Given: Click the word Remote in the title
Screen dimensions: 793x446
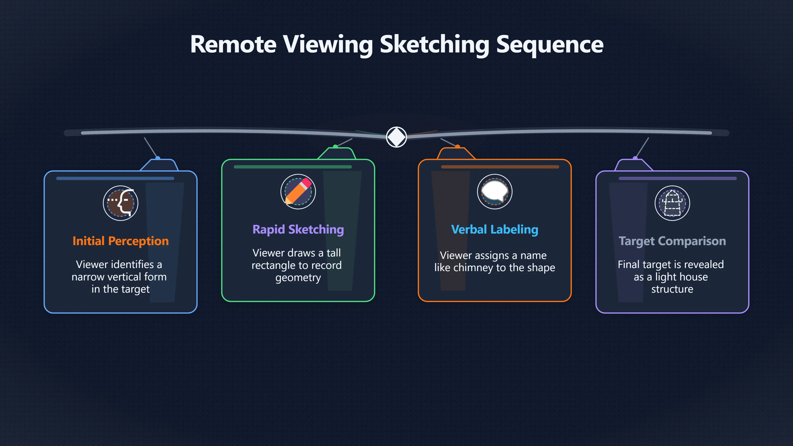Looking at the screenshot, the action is pyautogui.click(x=233, y=44).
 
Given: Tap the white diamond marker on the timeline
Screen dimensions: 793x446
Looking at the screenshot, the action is pyautogui.click(x=396, y=137).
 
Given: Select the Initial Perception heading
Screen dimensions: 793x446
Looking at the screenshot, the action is pyautogui.click(x=121, y=241).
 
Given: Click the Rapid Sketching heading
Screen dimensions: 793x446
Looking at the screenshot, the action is pyautogui.click(x=298, y=230).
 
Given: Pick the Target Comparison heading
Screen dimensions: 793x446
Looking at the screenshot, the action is pyautogui.click(x=672, y=241).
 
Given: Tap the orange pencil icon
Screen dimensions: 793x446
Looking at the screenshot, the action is pyautogui.click(x=298, y=191).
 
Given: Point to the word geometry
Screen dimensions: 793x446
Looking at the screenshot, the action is pyautogui.click(x=298, y=278).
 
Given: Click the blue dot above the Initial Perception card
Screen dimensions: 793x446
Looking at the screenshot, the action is pyautogui.click(x=158, y=158).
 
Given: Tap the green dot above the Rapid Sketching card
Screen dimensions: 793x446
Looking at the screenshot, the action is pyautogui.click(x=335, y=147).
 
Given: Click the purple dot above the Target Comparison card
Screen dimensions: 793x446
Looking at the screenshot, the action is pyautogui.click(x=635, y=158).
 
